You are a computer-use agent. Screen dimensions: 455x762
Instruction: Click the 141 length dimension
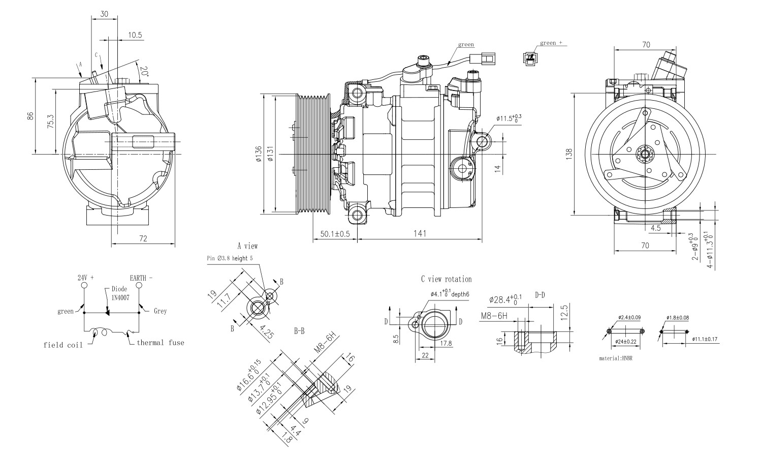pyautogui.click(x=419, y=233)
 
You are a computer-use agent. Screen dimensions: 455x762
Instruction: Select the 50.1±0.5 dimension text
pyautogui.click(x=335, y=234)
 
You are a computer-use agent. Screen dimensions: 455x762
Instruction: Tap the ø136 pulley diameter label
pyautogui.click(x=259, y=154)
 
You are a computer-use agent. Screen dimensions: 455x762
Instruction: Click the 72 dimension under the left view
pyautogui.click(x=143, y=238)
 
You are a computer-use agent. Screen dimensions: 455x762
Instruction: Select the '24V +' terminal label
pyautogui.click(x=85, y=278)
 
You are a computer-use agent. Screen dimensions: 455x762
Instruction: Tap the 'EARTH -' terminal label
pyautogui.click(x=141, y=278)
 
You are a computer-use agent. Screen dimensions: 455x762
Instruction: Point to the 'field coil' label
pyautogui.click(x=63, y=345)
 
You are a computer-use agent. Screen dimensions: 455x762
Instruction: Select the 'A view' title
pyautogui.click(x=247, y=246)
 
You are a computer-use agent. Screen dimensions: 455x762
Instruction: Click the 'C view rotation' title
pyautogui.click(x=446, y=279)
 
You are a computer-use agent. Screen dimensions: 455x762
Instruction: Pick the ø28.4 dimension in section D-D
pyautogui.click(x=505, y=299)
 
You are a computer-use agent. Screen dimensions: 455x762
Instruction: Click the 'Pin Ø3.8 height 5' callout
pyautogui.click(x=230, y=258)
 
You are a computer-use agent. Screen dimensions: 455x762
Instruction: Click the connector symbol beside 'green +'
pyautogui.click(x=530, y=57)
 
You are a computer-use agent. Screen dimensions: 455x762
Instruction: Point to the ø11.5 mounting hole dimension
pyautogui.click(x=509, y=119)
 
